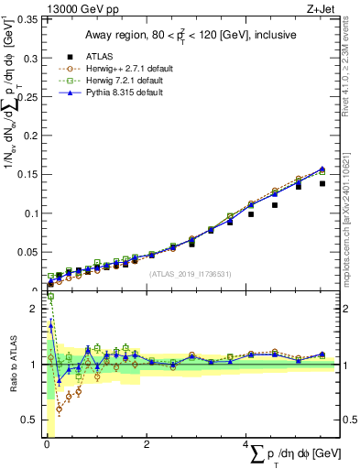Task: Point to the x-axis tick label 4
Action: click(246, 444)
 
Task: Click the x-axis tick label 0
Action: click(47, 444)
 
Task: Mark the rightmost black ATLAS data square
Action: click(322, 183)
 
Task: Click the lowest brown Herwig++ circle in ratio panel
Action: click(59, 409)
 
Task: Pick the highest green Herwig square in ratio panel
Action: click(50, 297)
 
